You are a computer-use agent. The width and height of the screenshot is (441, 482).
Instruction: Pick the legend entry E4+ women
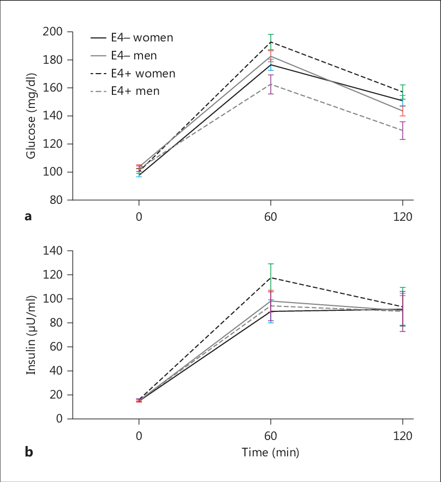[x=133, y=73]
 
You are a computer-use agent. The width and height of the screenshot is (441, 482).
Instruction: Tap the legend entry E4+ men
[x=126, y=91]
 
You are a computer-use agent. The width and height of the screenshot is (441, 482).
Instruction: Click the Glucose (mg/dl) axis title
[x=31, y=116]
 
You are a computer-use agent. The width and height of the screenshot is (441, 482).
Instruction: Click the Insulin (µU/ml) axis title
[x=31, y=334]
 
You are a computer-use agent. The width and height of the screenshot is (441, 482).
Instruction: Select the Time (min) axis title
[x=271, y=452]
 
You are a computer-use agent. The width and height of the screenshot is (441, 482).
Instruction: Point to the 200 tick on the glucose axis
[x=53, y=32]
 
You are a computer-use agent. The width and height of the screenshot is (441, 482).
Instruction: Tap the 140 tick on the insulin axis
[x=53, y=251]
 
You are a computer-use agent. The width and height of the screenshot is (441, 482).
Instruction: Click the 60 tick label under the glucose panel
[x=271, y=216]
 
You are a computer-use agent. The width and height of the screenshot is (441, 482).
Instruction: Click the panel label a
[x=28, y=216]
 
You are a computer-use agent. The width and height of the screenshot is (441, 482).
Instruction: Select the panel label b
[x=28, y=452]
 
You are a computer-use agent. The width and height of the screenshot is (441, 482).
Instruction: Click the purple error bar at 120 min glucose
[x=403, y=130]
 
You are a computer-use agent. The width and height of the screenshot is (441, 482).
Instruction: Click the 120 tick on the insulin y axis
[x=53, y=275]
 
